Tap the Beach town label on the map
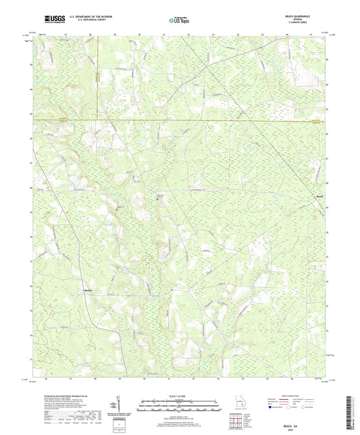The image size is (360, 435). [x=322, y=197]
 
